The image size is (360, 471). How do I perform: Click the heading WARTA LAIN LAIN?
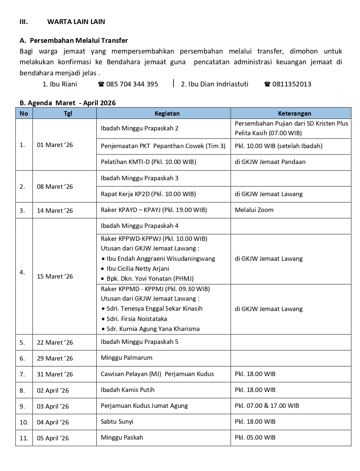click(76, 21)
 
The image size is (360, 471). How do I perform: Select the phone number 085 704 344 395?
click(132, 84)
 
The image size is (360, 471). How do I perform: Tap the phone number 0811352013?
click(292, 84)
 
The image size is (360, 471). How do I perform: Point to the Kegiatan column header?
click(167, 113)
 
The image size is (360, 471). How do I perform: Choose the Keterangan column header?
click(294, 113)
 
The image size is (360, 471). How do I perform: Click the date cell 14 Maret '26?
click(55, 211)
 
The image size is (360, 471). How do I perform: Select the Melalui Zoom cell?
click(254, 210)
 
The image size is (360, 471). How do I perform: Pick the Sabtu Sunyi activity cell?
click(117, 421)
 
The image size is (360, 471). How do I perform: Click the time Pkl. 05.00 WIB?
click(255, 437)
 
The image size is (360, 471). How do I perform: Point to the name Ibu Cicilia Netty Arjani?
click(138, 269)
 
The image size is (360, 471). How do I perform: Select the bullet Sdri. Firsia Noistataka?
click(137, 319)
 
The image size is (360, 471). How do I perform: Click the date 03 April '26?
click(53, 406)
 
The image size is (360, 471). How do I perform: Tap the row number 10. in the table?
click(24, 422)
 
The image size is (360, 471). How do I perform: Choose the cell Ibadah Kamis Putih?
click(127, 390)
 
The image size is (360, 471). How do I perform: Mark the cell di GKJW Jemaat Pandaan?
click(270, 162)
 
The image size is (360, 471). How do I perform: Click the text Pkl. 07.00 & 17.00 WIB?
click(267, 406)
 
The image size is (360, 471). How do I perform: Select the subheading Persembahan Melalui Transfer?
click(79, 40)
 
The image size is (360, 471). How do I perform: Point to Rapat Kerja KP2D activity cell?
click(148, 194)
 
